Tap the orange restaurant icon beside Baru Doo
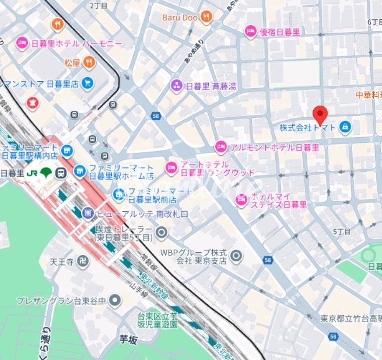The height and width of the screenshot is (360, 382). pos(205,18)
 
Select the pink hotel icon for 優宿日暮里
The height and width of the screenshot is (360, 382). pos(251,32)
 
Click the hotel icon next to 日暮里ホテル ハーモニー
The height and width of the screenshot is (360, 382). pos(22,44)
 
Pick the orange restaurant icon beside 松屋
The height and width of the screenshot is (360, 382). pos(88,62)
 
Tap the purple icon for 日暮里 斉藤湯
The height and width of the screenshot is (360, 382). pos(176,86)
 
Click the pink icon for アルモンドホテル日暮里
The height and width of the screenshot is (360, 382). pos(220,146)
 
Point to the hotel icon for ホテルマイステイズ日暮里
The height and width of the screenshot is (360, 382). pos(241,200)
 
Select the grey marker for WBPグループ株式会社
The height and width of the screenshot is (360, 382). pos(236,256)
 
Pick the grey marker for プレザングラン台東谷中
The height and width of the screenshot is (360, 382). pos(115,300)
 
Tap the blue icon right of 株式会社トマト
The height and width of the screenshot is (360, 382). pos(345,127)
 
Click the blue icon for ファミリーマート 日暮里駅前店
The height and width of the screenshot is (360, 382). pos(119,194)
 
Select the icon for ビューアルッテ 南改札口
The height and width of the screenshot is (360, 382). pos(89,214)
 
